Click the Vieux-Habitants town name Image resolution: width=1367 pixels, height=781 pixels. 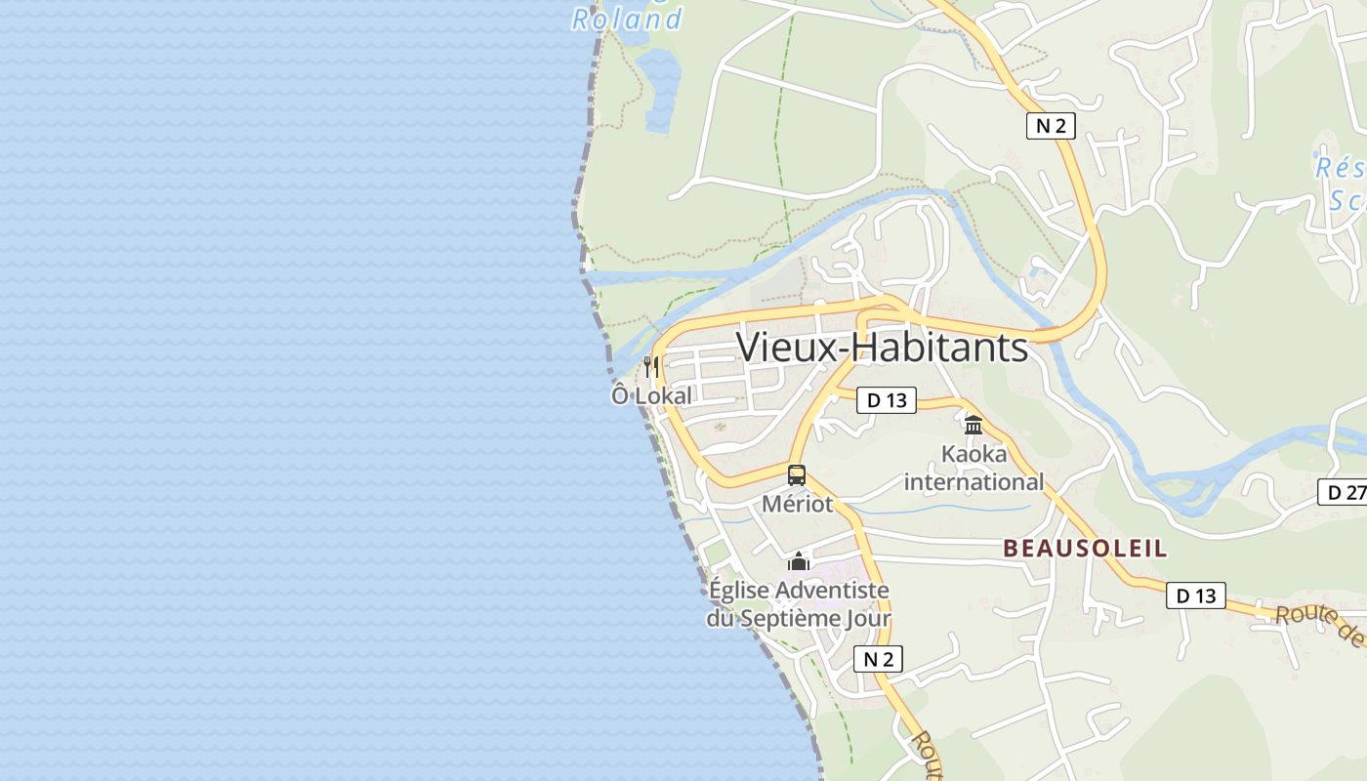point(882,348)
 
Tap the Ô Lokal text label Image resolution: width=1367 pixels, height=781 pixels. point(651,395)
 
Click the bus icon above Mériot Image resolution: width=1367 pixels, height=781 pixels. point(797,475)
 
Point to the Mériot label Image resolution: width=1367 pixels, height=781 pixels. point(797,504)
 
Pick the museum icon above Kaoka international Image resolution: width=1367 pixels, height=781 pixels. point(973,425)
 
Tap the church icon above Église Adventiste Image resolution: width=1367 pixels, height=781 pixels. point(799,561)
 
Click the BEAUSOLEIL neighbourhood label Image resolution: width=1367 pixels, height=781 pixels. point(1085,548)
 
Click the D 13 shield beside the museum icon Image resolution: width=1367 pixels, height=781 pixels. point(886,399)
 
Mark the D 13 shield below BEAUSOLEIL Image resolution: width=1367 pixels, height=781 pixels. point(1195,595)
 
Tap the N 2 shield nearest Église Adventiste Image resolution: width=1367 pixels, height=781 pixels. point(878,659)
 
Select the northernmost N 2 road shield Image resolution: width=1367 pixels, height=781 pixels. point(1050,125)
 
